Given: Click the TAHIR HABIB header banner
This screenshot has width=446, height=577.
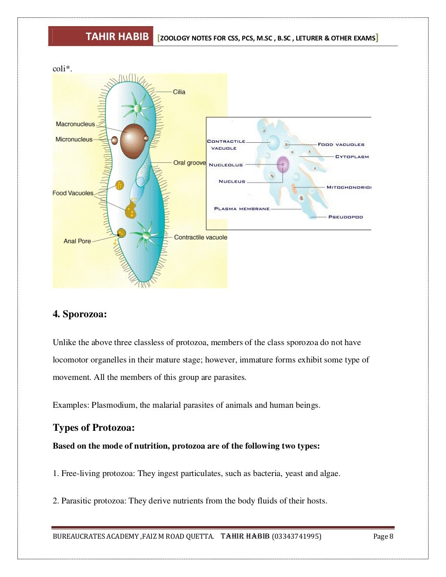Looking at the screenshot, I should click(x=101, y=37).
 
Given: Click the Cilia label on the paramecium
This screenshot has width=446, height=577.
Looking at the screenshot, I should click(x=179, y=92).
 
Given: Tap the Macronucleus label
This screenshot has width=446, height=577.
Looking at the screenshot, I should click(x=75, y=124).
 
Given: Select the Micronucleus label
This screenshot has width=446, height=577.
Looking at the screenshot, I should click(x=74, y=139).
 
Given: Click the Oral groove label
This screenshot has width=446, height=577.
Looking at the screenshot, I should click(x=189, y=163).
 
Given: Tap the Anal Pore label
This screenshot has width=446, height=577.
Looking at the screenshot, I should click(x=77, y=241).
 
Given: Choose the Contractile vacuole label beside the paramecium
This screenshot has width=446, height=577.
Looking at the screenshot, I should click(x=200, y=237).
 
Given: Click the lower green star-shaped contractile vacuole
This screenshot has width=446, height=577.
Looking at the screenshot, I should click(x=146, y=235).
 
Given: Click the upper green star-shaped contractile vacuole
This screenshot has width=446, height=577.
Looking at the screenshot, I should click(x=137, y=108).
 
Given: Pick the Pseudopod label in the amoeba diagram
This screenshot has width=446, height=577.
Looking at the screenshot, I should click(x=345, y=217).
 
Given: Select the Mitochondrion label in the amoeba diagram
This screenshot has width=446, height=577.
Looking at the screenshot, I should click(x=348, y=187).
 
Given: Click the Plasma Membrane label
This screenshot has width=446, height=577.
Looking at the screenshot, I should click(x=242, y=209).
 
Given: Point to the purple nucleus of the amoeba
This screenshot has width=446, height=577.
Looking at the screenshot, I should click(x=283, y=165).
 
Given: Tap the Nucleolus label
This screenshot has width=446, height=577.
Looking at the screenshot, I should click(x=226, y=165).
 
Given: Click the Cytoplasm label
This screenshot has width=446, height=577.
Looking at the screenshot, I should click(x=352, y=157).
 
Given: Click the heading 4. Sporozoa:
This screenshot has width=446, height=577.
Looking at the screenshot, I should click(x=80, y=314).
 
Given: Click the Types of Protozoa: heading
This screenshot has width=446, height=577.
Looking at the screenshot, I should click(x=94, y=428).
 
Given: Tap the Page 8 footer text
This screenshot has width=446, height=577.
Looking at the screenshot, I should click(x=383, y=536).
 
